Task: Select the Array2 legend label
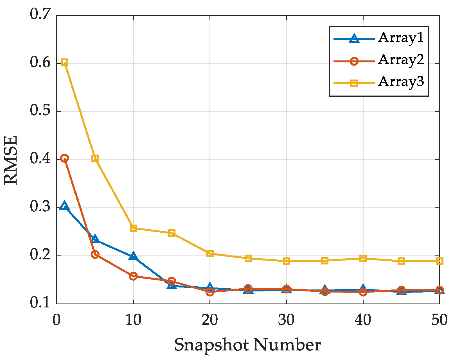(x=400, y=60)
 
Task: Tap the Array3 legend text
(x=400, y=82)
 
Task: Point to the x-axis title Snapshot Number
(x=247, y=345)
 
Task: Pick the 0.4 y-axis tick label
(x=40, y=159)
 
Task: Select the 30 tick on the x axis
(x=286, y=320)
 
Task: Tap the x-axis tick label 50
(x=439, y=320)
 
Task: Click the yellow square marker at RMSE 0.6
(x=64, y=62)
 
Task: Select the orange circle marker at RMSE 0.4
(x=64, y=158)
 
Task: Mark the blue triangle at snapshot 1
(x=64, y=206)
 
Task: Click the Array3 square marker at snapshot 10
(x=133, y=228)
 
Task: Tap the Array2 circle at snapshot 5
(x=95, y=255)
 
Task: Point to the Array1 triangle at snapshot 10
(x=133, y=257)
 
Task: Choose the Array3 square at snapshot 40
(x=363, y=258)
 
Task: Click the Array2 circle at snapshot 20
(x=210, y=292)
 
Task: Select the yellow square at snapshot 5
(x=95, y=158)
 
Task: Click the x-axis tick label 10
(x=133, y=320)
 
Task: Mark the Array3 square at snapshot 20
(x=210, y=253)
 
